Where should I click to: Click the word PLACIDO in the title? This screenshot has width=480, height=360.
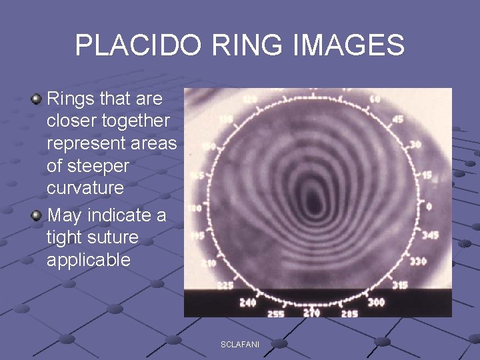(x=137, y=46)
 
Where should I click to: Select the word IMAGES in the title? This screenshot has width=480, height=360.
(x=349, y=46)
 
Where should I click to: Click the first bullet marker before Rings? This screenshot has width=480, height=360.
(x=37, y=99)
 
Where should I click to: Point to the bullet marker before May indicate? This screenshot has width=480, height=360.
(x=37, y=215)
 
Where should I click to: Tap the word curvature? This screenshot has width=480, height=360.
(x=85, y=188)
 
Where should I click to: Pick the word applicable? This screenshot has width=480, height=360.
(x=89, y=260)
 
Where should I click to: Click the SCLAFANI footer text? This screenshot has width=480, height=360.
(x=240, y=343)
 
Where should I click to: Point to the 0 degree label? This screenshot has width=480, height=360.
(x=429, y=207)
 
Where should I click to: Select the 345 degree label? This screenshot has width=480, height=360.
(x=431, y=235)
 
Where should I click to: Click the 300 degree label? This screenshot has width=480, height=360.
(x=376, y=302)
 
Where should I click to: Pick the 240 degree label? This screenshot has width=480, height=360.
(x=247, y=302)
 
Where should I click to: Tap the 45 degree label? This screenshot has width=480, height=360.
(x=398, y=120)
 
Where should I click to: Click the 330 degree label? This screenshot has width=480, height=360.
(x=418, y=262)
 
